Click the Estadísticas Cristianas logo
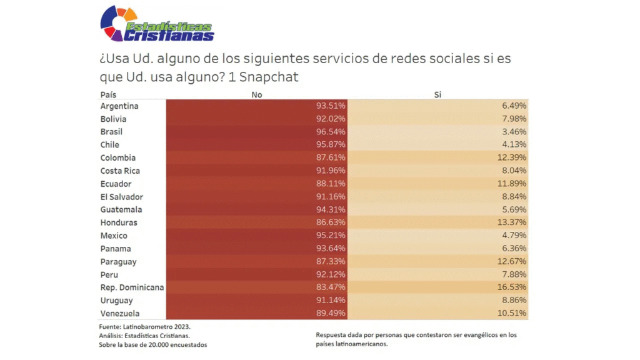click(157, 25)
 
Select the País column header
click(108, 94)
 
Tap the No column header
click(256, 94)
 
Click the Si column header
click(438, 94)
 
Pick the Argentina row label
click(119, 106)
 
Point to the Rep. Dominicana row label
click(131, 287)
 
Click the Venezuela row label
click(120, 313)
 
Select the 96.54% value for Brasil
click(331, 132)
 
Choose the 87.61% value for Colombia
click(331, 158)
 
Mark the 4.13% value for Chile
click(514, 145)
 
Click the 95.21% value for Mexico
click(331, 236)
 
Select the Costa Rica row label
click(120, 171)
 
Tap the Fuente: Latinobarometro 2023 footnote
click(144, 327)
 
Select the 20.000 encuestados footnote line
click(152, 344)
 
